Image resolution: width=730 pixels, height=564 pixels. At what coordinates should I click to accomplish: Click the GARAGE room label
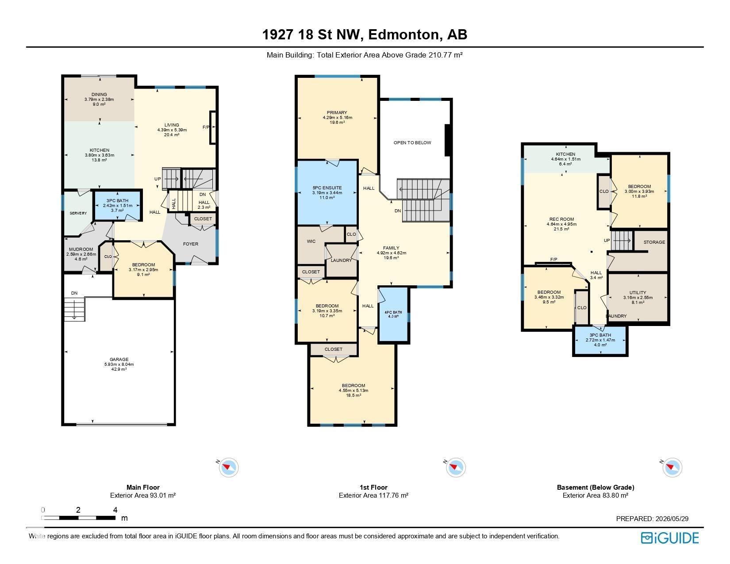(119, 359)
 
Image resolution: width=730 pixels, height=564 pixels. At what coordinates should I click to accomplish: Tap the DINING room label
(99, 94)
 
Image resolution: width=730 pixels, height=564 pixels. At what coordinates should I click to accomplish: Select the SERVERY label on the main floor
(78, 213)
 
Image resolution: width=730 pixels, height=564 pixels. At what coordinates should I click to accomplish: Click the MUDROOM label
(81, 249)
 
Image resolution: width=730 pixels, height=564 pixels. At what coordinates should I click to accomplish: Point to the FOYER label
(191, 244)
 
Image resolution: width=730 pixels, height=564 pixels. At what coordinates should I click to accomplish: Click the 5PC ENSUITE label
(327, 188)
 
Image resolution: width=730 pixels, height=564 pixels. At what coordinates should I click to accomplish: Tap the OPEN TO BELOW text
(412, 143)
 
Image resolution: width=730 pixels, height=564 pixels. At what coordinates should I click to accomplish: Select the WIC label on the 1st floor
(311, 241)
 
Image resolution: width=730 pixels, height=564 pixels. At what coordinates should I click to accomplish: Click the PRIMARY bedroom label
(337, 112)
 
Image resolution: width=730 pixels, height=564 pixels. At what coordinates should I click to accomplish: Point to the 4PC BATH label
(393, 312)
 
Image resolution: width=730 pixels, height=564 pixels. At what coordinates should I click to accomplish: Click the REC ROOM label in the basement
(562, 219)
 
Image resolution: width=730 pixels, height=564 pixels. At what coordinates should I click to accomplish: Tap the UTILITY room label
(638, 292)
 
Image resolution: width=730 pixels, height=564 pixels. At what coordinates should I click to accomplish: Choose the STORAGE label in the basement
(654, 242)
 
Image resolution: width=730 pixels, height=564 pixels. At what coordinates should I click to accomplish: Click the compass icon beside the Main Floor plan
(228, 467)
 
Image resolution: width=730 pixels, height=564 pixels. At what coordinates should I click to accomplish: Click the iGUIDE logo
(670, 538)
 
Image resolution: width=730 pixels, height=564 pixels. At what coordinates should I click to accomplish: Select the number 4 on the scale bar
(115, 510)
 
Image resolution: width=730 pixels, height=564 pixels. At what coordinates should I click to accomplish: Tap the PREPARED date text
(652, 518)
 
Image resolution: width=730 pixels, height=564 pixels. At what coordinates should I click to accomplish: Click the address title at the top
(365, 35)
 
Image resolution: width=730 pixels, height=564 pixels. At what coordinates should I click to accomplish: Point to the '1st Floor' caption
(373, 487)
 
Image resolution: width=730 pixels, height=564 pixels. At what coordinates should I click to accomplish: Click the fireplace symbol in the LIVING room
(213, 128)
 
